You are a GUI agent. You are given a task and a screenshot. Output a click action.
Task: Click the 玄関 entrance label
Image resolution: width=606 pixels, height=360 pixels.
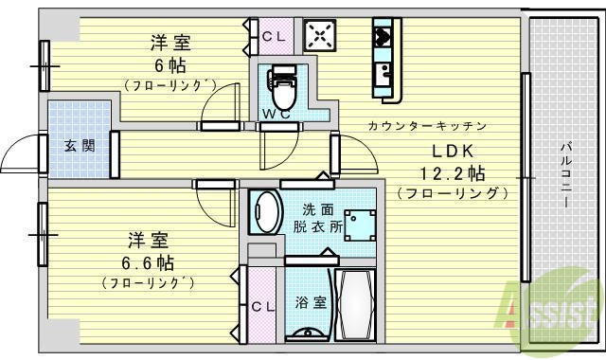click(80, 146)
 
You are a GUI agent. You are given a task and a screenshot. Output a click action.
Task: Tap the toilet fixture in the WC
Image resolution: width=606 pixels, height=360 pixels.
click(280, 91)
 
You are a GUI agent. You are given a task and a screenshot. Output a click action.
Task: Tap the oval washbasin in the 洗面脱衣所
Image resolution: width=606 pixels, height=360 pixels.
click(266, 211)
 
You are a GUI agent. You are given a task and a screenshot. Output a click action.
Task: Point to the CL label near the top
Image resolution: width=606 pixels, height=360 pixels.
click(274, 37)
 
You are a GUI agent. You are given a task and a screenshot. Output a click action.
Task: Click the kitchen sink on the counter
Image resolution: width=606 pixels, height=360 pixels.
click(386, 73)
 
